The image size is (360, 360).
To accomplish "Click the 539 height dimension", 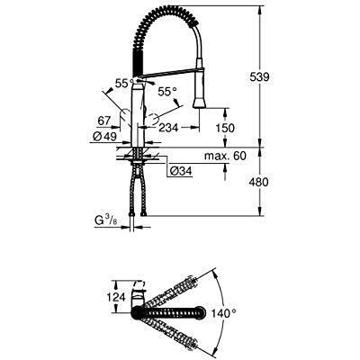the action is coord(259,76).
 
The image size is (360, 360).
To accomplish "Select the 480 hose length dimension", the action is coord(258,182).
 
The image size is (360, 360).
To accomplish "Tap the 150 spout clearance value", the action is coord(225,128).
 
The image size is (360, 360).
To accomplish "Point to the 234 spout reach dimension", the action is coord(168,128).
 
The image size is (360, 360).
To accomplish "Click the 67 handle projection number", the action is coord(104,121).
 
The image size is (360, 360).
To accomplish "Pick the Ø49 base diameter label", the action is coord(104,137).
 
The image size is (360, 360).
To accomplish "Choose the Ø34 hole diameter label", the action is coord(181,171).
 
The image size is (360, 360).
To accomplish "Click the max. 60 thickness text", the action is coord(225,156).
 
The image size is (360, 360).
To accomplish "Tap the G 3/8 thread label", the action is coord(105,221).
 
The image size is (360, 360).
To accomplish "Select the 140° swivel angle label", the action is coord(223,314).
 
